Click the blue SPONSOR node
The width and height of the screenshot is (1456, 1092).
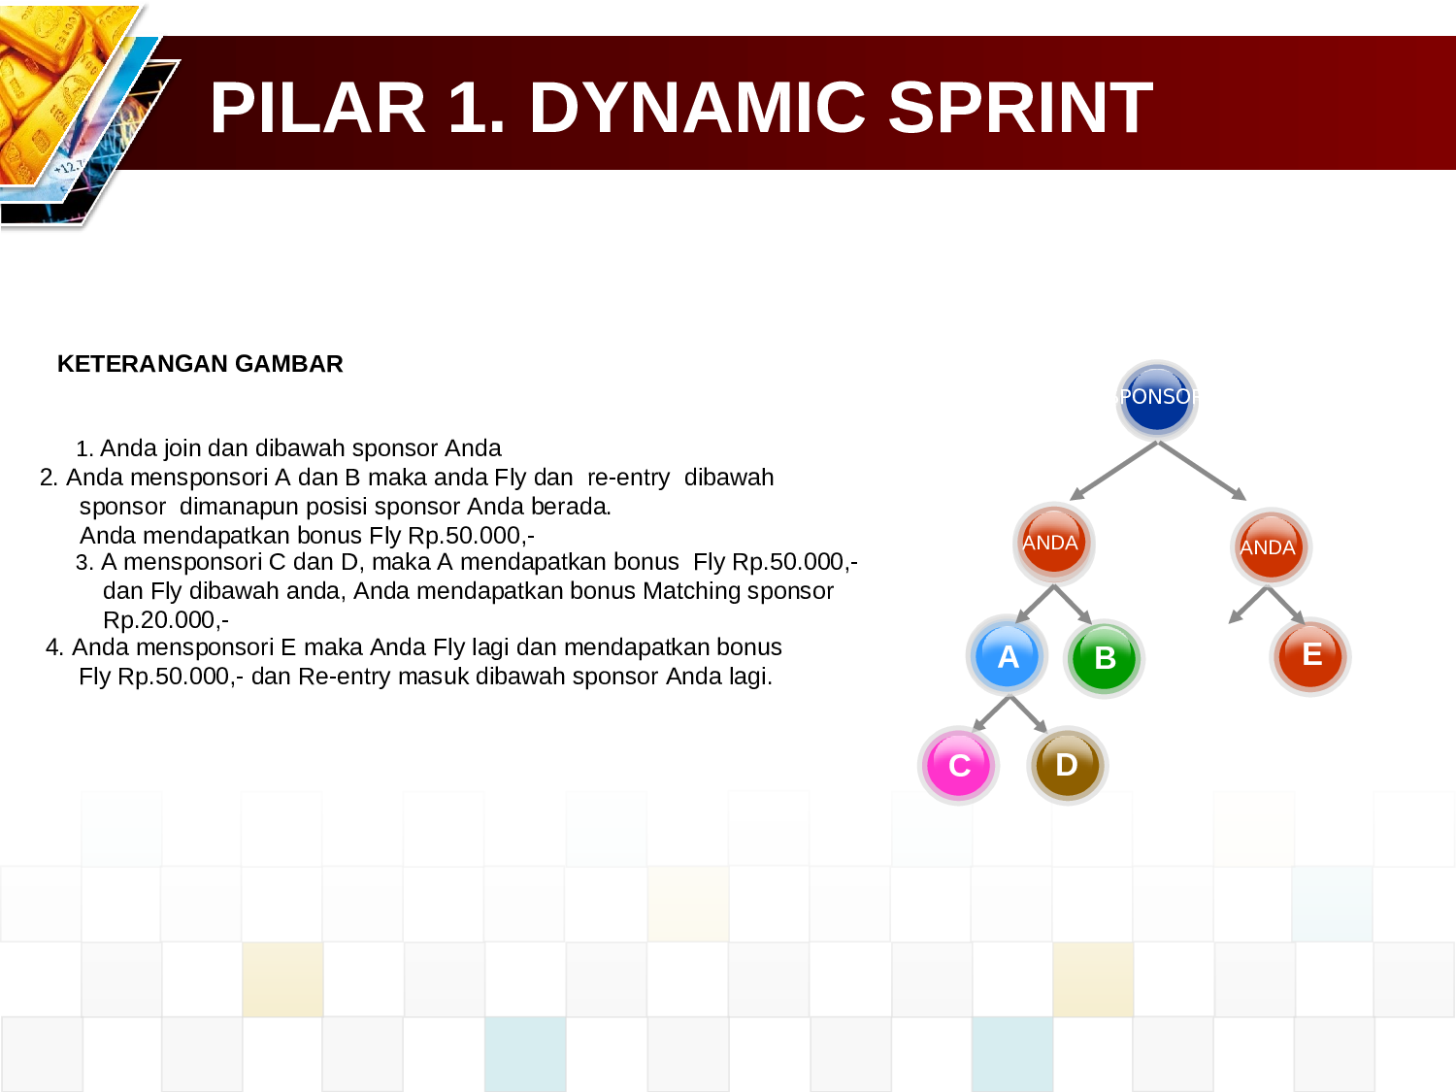click(1156, 398)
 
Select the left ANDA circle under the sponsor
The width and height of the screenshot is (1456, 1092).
click(1052, 543)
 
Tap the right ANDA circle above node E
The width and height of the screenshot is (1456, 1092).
click(1270, 546)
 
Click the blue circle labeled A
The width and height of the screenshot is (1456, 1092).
click(1008, 656)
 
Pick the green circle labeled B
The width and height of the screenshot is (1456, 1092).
click(1104, 658)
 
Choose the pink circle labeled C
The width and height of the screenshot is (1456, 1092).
click(958, 765)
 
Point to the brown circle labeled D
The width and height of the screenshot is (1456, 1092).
click(1067, 765)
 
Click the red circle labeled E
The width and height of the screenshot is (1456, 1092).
click(1310, 655)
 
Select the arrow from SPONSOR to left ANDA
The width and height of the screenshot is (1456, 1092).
click(1113, 471)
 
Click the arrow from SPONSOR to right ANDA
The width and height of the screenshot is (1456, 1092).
click(1202, 471)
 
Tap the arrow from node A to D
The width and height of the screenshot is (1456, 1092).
click(1029, 715)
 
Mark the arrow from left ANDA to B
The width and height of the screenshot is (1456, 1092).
click(1074, 605)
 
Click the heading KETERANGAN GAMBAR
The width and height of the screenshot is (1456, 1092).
click(200, 364)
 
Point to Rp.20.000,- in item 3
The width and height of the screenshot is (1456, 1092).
click(166, 620)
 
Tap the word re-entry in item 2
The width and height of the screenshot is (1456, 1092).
click(628, 478)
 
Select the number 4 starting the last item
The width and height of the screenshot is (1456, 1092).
click(53, 647)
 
